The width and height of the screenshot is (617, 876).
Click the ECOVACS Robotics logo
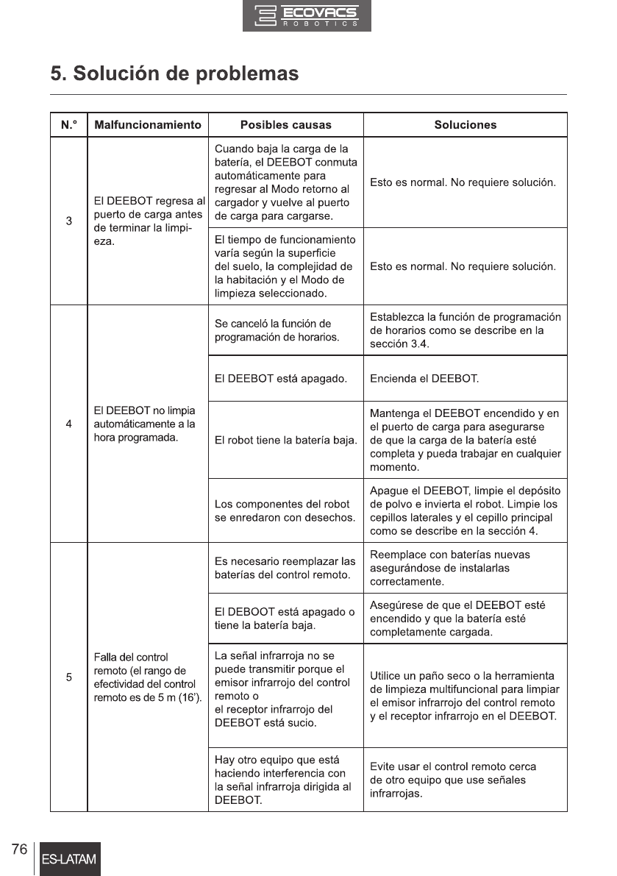307,16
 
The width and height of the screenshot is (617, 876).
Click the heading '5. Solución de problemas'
174,74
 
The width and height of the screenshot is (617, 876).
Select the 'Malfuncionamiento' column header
148,125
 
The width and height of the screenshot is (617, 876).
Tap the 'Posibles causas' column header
285,125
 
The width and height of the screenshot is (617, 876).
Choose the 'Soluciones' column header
465,125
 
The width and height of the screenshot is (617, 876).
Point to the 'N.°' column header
68,125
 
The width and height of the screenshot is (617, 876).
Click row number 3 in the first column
68,221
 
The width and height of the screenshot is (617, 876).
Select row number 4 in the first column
68,424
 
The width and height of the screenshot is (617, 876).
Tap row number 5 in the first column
68,677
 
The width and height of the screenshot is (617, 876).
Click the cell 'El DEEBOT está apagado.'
280,379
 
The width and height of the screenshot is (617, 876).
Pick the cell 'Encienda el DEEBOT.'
424,379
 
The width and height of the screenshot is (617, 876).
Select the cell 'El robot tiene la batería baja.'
285,441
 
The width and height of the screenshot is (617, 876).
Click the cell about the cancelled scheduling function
277,330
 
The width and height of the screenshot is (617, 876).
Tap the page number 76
19,850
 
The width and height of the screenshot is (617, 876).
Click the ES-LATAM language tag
70,859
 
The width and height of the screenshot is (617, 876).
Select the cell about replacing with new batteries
449,568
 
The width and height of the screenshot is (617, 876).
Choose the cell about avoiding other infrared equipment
452,780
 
